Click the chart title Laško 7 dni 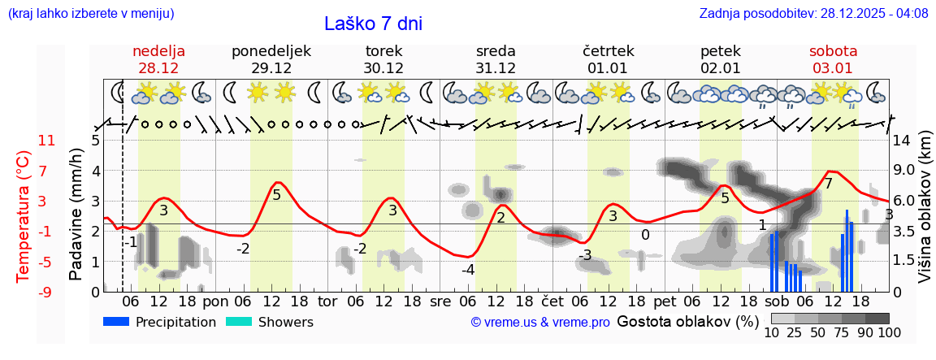[x=373, y=24]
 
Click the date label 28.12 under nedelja [x=159, y=68]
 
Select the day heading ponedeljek [x=271, y=51]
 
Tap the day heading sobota [x=833, y=51]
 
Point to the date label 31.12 [x=496, y=68]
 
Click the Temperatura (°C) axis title [x=23, y=215]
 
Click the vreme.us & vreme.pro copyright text [x=540, y=323]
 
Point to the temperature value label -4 [x=468, y=270]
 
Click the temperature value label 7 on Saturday [x=828, y=184]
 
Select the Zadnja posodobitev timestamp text [x=813, y=13]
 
